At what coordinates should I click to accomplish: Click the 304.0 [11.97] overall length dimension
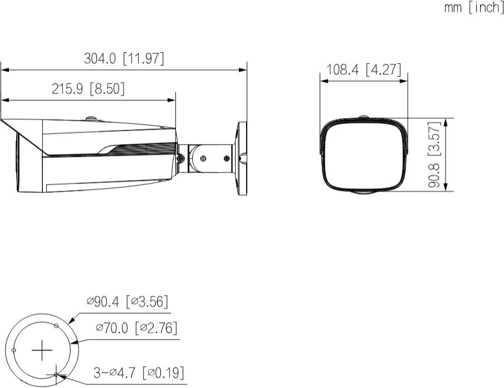pos(124,59)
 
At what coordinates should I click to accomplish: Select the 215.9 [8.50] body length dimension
pos(88,89)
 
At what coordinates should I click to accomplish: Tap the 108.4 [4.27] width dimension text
pos(364,70)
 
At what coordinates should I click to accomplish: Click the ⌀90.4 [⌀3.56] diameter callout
pos(128,301)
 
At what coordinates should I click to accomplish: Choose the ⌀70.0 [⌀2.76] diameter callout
pos(136,328)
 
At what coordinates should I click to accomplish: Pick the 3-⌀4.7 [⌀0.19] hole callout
pos(139,371)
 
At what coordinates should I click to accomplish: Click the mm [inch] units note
pos(474,8)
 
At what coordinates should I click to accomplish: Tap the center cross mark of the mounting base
pos(42,351)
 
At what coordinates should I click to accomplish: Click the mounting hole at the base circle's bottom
pos(56,375)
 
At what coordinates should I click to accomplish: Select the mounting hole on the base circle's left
pos(14,350)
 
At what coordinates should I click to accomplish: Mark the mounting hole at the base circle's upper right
pos(56,326)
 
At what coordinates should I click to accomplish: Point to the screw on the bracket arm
pos(203,159)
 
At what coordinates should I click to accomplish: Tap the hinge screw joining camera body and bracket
pos(181,158)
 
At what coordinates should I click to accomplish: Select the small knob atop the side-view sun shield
pos(91,118)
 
